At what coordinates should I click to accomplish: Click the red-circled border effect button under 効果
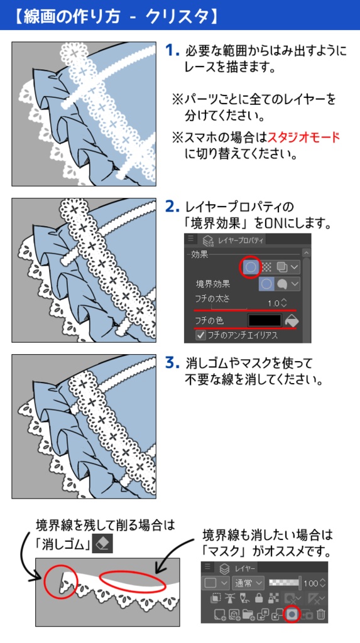coord(250,266)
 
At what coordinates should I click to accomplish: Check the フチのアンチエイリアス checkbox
coord(201,336)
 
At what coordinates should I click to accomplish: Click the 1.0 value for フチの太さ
coord(273,303)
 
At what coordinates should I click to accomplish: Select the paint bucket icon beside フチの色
coord(292,320)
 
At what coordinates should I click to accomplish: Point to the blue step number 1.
coord(172,50)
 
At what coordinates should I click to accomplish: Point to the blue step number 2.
coord(172,207)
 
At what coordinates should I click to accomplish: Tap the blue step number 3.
coord(172,363)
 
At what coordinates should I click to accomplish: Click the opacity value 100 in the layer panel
coord(311,583)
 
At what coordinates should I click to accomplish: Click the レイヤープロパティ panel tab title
coord(241,240)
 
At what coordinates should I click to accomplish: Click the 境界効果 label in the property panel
coord(214,284)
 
